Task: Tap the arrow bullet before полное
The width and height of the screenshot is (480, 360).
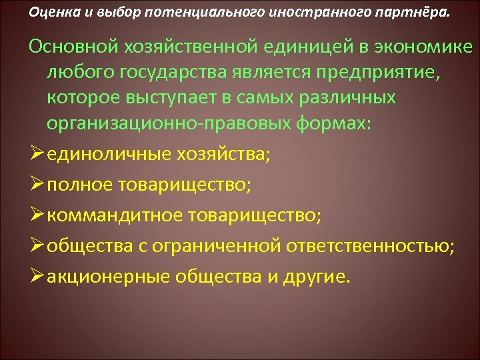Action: coord(37,185)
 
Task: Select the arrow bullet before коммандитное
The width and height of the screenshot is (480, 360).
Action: coord(37,215)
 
